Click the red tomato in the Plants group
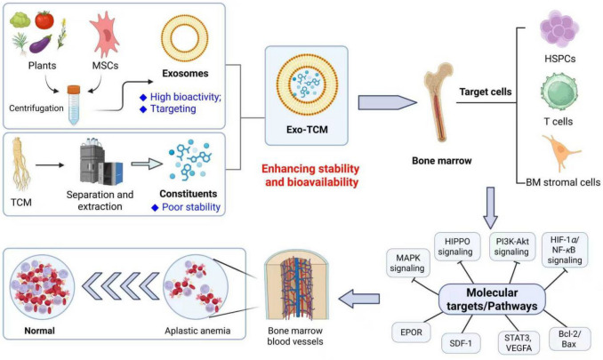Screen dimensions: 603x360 click(x=44, y=20)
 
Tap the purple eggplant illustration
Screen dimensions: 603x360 click(x=40, y=44)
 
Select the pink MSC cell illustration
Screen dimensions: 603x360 click(x=105, y=35)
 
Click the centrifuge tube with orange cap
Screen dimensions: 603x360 click(x=74, y=105)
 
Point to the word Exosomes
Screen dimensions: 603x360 click(x=185, y=74)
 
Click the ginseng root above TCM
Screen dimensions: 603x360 click(x=21, y=164)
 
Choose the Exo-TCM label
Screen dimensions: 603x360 click(x=307, y=130)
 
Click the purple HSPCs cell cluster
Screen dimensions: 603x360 click(x=559, y=28)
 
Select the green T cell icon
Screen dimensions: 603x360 click(x=559, y=93)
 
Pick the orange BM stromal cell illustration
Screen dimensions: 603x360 click(x=560, y=152)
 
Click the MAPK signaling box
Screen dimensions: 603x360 click(x=407, y=263)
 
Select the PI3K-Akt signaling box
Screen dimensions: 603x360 click(x=512, y=246)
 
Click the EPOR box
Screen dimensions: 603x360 click(x=411, y=332)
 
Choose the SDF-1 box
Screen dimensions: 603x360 click(x=460, y=343)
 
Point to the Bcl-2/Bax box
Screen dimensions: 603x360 click(x=569, y=339)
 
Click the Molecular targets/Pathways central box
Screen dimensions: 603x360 click(x=492, y=300)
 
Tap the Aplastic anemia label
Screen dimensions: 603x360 click(x=197, y=331)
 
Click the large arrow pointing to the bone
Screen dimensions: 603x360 click(x=387, y=102)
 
